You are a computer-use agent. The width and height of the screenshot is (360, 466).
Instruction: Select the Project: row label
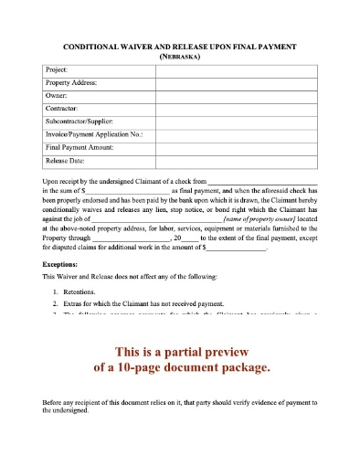(x=57, y=69)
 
